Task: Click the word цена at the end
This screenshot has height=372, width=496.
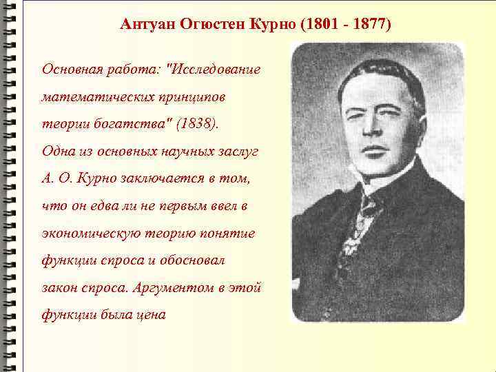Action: click(x=151, y=314)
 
